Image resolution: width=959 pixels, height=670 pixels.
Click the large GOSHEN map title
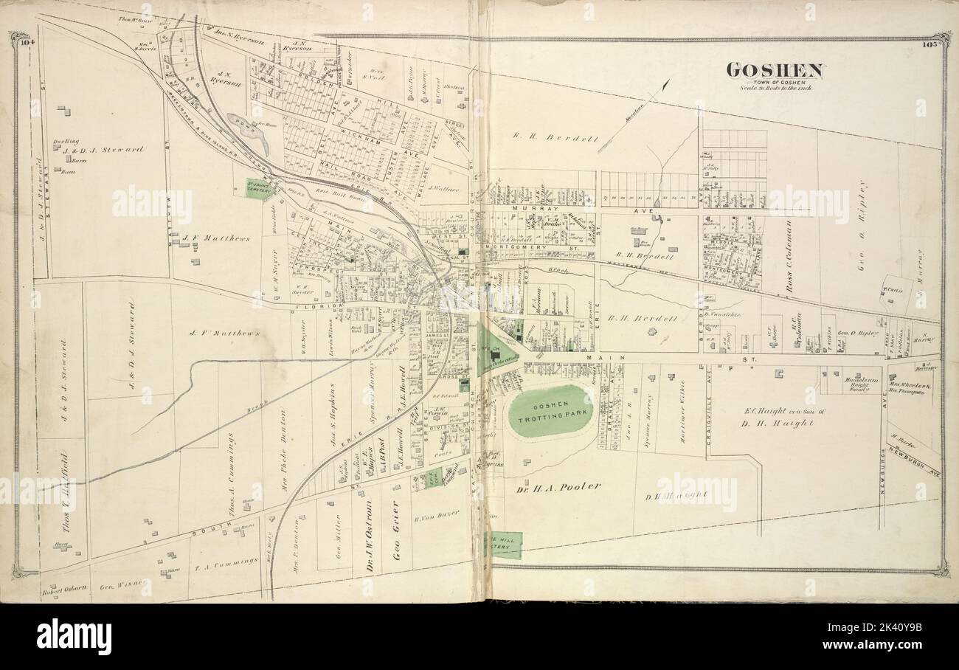click(774, 70)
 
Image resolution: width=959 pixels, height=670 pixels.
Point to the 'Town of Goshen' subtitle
click(774, 81)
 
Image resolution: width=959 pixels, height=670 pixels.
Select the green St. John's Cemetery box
click(260, 188)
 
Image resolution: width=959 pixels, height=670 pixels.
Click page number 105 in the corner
click(929, 44)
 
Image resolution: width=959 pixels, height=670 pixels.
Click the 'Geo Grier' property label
click(395, 533)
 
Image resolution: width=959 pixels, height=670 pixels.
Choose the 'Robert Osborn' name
click(65, 588)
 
